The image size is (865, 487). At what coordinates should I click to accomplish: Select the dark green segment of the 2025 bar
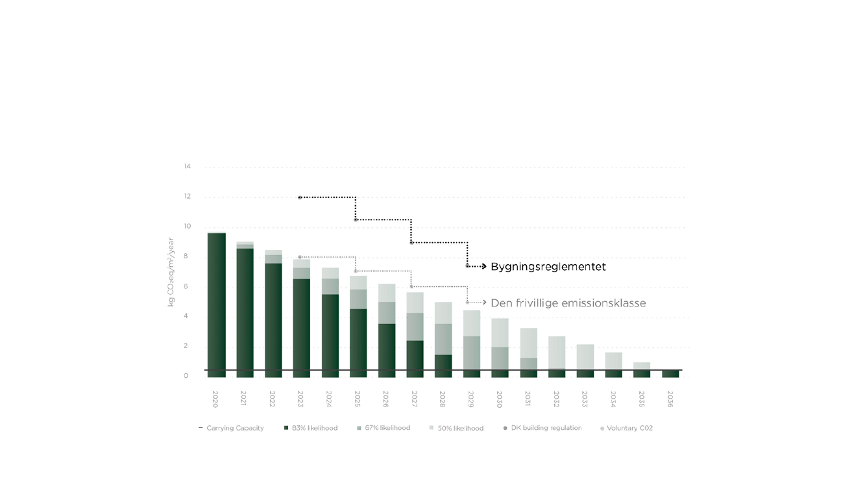[358, 342]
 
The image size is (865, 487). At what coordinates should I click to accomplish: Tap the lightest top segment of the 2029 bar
[472, 323]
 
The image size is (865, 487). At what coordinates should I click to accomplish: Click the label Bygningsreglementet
[548, 267]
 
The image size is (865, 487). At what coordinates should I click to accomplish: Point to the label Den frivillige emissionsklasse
[568, 303]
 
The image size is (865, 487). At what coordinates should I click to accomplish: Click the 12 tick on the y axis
[187, 197]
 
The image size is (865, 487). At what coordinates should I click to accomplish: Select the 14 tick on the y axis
[187, 167]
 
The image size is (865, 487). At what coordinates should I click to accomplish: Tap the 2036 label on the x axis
[670, 399]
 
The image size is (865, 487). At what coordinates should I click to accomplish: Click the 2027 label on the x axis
[415, 399]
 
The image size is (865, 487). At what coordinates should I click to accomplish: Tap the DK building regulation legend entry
[546, 429]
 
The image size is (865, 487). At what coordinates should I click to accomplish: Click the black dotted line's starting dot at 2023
[300, 197]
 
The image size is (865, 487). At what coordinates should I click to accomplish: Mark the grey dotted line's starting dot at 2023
[300, 257]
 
